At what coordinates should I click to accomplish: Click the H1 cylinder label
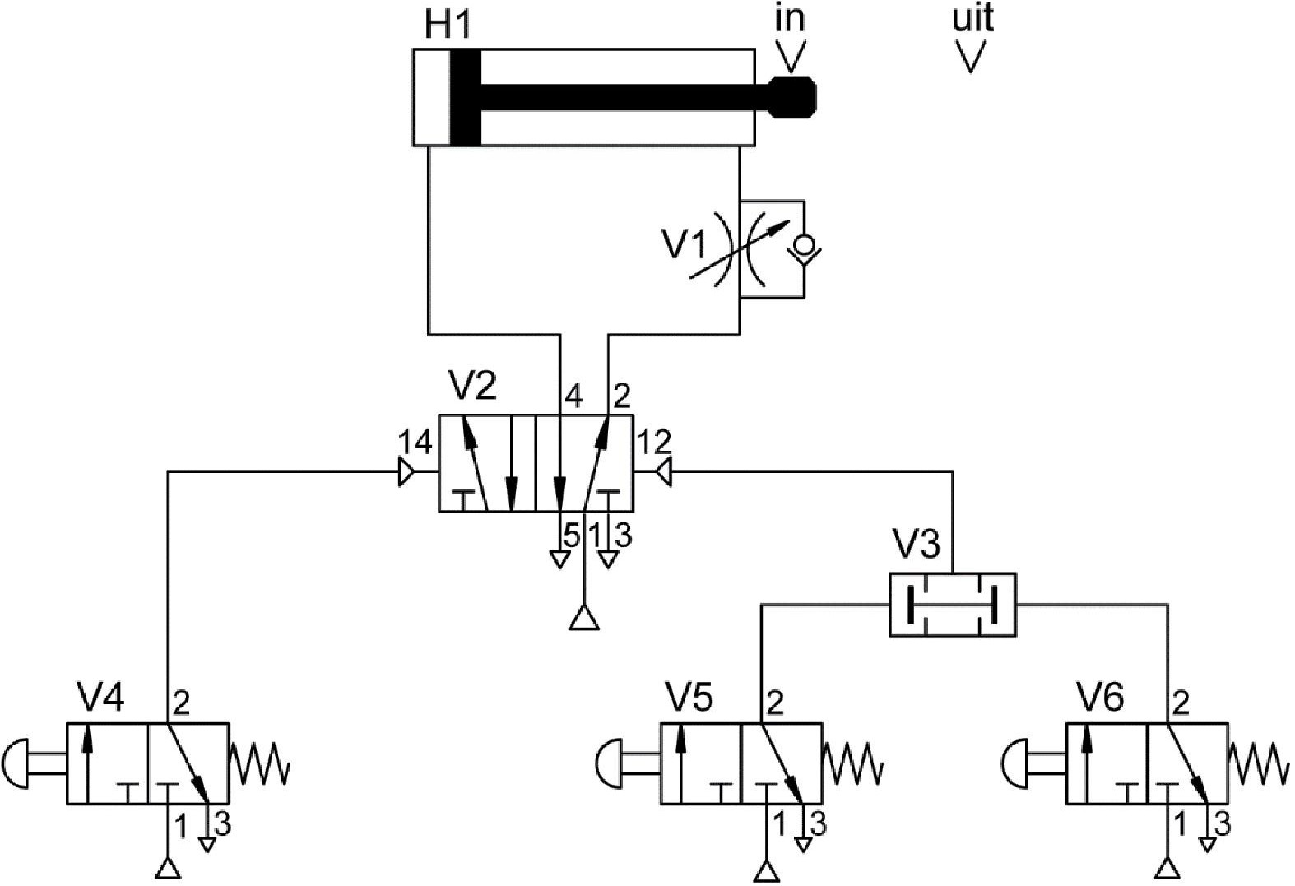point(448,25)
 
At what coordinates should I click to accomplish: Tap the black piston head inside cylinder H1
point(465,97)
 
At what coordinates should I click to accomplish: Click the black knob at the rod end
point(792,97)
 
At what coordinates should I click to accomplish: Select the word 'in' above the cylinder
point(790,18)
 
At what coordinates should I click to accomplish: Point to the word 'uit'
point(973,18)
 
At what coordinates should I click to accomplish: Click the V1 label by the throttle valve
point(685,245)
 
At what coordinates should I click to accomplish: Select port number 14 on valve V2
point(415,444)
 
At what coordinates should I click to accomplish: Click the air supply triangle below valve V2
point(584,617)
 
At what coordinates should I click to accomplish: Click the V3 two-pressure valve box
point(952,605)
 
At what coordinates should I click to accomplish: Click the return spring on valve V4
point(259,763)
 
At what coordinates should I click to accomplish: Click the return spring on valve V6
point(1258,763)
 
